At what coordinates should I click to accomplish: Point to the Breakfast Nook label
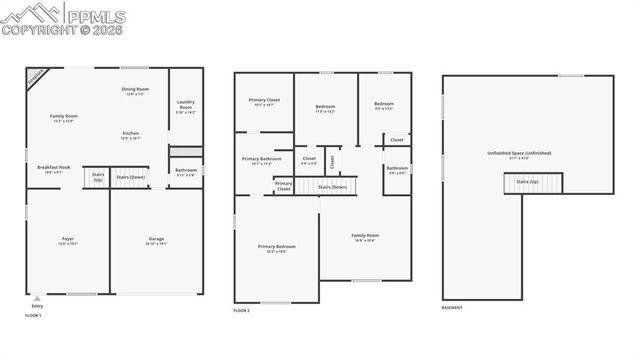pos(53,169)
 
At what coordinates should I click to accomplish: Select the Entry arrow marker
pos(37,298)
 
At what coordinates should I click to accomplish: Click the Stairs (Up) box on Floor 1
pos(98,177)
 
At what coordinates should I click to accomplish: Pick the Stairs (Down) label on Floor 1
pos(131,177)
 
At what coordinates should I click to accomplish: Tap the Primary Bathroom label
pos(262,160)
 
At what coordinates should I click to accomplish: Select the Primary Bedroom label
pos(276,248)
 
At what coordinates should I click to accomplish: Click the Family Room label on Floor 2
pos(365,237)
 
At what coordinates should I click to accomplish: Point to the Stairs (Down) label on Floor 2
pos(332,187)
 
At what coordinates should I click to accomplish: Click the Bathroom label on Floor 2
pos(397,170)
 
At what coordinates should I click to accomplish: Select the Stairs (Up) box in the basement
pos(527,182)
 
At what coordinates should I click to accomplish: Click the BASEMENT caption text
pos(452,308)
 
